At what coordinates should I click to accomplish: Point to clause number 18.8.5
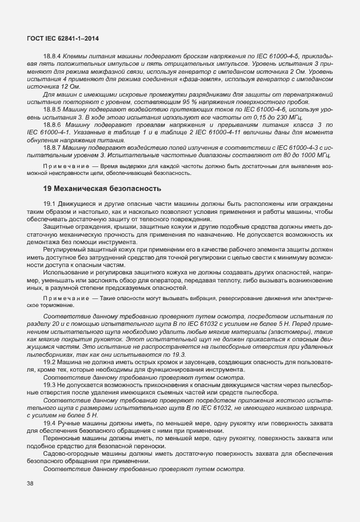click(53, 109)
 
